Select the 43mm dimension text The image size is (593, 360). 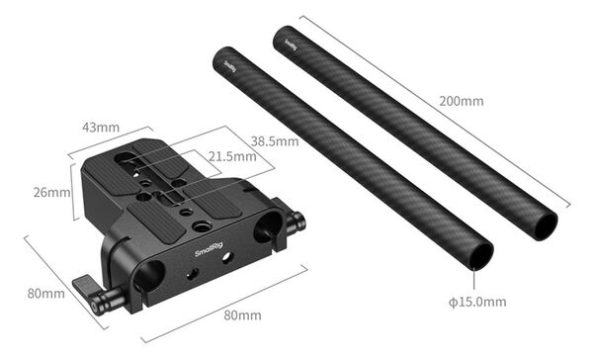(100, 128)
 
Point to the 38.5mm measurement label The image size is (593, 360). (274, 141)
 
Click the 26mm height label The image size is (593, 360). (51, 192)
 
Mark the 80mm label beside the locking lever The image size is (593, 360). (44, 293)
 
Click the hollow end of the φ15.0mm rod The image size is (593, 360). (478, 253)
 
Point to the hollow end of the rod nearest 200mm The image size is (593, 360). (543, 225)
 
